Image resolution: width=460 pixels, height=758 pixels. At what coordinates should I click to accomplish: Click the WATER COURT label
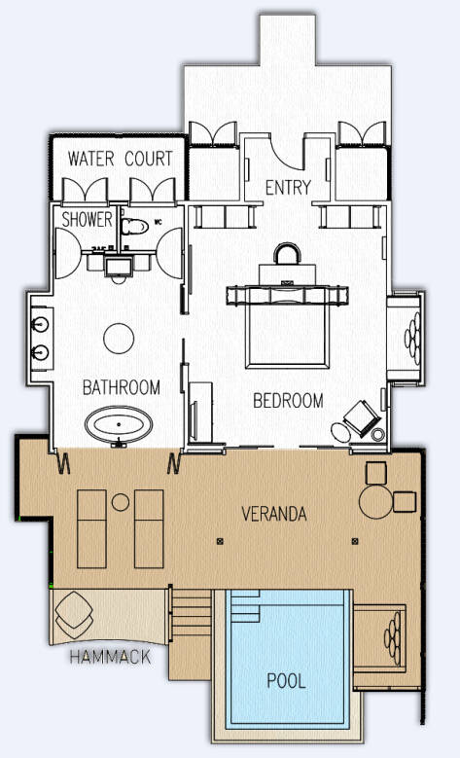click(x=120, y=159)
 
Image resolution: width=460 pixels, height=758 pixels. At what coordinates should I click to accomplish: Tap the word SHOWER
click(x=87, y=220)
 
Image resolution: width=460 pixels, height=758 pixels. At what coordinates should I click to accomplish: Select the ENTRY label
click(x=288, y=188)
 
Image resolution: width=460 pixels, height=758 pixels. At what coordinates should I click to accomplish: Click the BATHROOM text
click(x=122, y=387)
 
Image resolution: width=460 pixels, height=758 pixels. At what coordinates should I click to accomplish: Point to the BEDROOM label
click(x=288, y=401)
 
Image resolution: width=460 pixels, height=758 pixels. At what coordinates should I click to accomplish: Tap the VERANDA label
click(x=274, y=514)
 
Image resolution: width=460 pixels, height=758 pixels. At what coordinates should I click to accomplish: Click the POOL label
click(x=287, y=681)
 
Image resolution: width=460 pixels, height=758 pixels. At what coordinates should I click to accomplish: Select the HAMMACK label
click(x=110, y=657)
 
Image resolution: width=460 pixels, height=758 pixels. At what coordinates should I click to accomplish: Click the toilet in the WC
click(x=135, y=227)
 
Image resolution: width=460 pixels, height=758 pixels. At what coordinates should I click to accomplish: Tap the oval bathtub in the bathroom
click(x=119, y=424)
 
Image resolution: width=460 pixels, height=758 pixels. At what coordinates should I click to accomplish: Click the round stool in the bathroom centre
click(x=119, y=339)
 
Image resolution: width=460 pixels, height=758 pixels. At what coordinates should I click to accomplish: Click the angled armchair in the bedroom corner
click(x=362, y=418)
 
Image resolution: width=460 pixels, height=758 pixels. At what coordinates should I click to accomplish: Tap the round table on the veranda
click(x=375, y=502)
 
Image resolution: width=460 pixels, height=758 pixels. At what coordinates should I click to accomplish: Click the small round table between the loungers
click(x=121, y=502)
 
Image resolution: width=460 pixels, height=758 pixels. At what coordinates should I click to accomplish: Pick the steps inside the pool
click(x=245, y=606)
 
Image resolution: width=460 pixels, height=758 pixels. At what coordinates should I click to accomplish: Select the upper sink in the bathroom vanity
click(x=40, y=324)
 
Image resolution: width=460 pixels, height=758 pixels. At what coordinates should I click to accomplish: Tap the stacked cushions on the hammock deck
click(x=74, y=614)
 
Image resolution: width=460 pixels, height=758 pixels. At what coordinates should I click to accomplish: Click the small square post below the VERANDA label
click(x=221, y=541)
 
